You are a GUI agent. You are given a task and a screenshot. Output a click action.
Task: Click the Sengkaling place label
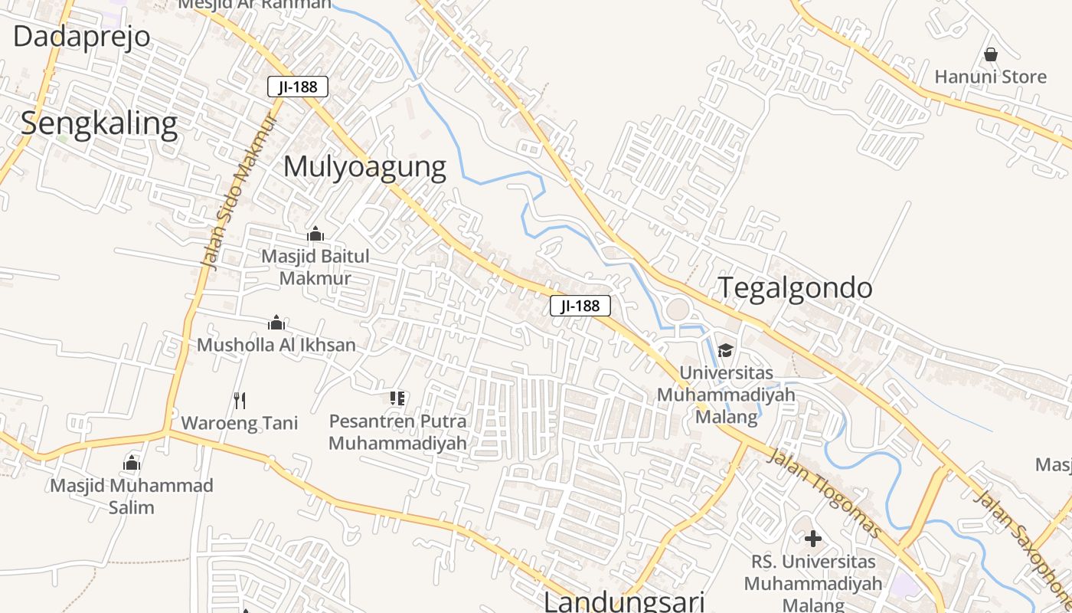coord(99,123)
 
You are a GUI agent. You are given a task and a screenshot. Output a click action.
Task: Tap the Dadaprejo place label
coord(81,36)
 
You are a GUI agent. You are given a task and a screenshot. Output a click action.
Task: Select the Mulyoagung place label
coord(364,166)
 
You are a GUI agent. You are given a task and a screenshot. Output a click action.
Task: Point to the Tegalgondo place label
coord(795,287)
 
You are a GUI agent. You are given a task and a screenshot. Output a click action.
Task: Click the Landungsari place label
coord(624,602)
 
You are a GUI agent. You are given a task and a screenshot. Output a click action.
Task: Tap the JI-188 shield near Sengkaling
coord(298,87)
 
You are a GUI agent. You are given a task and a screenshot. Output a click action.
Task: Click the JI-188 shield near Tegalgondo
coord(580,306)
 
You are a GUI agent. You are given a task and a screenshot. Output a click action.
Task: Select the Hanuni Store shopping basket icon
coord(990,54)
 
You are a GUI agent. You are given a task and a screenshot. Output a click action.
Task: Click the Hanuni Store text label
coord(990,77)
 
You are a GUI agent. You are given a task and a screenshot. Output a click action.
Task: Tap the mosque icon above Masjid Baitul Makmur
coord(315,234)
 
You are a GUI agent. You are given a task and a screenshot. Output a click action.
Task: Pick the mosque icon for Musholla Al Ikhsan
coord(276,323)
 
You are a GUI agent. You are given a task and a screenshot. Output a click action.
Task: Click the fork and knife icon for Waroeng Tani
coord(240,400)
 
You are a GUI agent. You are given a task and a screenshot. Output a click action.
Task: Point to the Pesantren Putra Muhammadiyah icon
coord(397,398)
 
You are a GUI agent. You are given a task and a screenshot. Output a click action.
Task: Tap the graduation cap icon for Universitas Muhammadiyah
coord(725,350)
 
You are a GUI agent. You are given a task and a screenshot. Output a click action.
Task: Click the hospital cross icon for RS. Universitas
coord(812,539)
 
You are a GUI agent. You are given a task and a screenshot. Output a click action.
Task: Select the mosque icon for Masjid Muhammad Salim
coord(132,462)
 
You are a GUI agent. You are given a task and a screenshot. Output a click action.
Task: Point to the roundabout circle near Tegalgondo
coord(678,310)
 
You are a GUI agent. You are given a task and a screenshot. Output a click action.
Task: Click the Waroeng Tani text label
coord(240,423)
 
